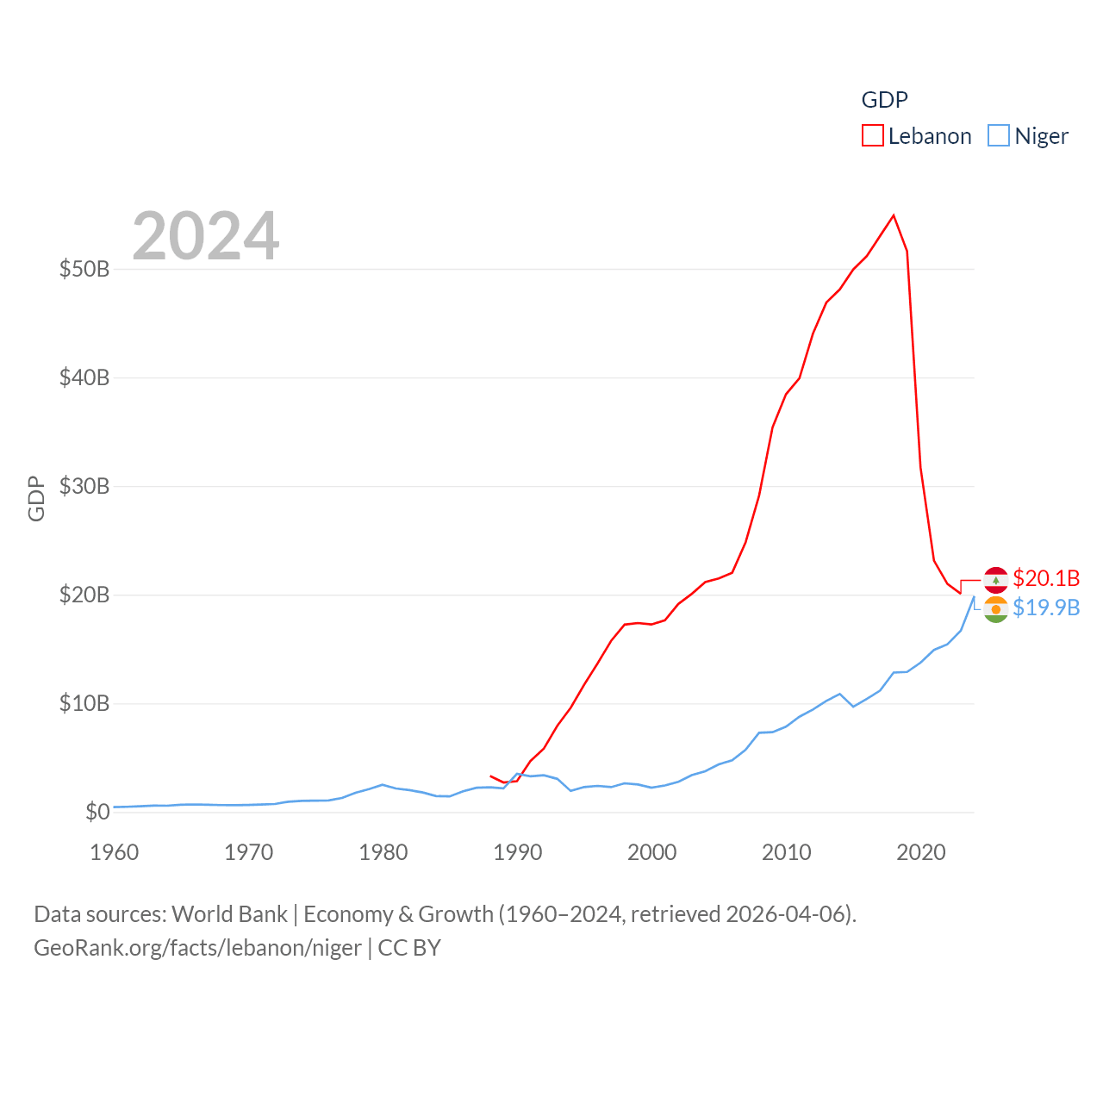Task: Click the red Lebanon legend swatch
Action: tap(873, 136)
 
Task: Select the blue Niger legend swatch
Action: tap(999, 136)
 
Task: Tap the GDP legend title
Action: tap(884, 100)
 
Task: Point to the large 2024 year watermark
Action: tap(206, 235)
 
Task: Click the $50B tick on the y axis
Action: tap(84, 269)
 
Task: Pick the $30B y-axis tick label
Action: tap(84, 486)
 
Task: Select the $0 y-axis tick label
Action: tap(97, 812)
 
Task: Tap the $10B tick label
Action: tap(84, 703)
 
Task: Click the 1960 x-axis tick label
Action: tap(115, 852)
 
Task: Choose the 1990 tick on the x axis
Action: tap(518, 852)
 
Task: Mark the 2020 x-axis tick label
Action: tap(921, 852)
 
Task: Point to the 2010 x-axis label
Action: tap(787, 852)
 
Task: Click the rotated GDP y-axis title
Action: tap(36, 498)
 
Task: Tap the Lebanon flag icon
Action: tap(996, 579)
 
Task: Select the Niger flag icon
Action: tap(996, 609)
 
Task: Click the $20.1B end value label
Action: tap(1046, 578)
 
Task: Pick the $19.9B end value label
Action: tap(1046, 608)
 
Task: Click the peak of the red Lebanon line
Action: tap(894, 215)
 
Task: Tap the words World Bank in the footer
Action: tap(229, 913)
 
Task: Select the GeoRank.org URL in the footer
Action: tap(197, 948)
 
